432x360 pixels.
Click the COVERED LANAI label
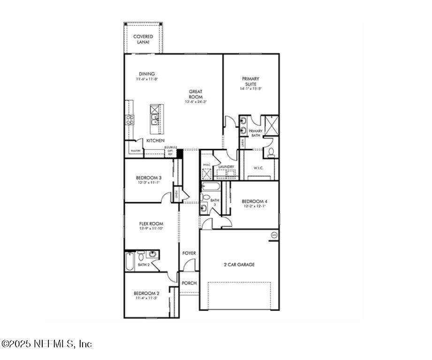point(143,39)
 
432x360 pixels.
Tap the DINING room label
point(147,74)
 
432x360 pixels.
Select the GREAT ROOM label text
point(196,94)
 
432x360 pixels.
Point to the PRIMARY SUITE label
point(250,81)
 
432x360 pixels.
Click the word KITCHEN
point(155,141)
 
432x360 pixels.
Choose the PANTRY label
point(136,151)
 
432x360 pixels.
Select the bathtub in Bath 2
point(129,261)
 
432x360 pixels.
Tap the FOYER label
point(189,253)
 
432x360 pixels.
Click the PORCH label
point(189,283)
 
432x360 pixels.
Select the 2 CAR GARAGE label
point(239,265)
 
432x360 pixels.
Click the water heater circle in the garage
point(274,234)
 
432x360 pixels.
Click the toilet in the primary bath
point(271,152)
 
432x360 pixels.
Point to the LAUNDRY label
point(226,167)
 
